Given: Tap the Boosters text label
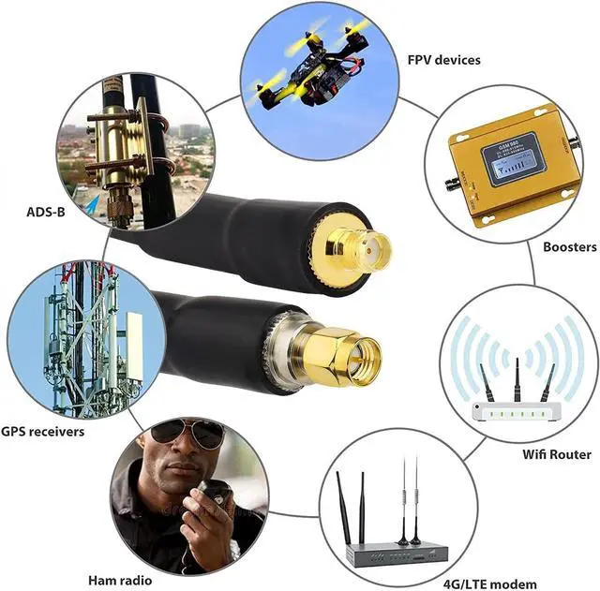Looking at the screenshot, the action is pos(569,247).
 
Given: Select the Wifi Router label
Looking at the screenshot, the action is pos(556,454).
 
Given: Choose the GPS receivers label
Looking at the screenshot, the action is pos(42,432).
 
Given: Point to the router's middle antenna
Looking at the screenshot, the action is pos(516,380).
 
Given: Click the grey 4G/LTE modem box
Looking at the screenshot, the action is pos(394,552).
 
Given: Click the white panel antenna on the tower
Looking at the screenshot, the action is pos(134,342).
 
